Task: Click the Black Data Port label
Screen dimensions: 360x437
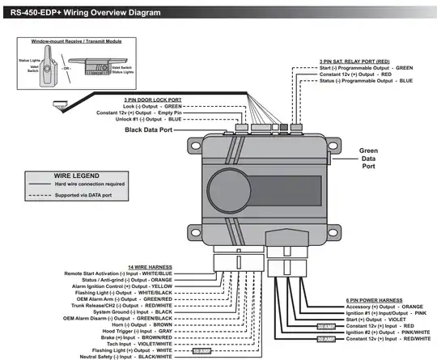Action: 165,129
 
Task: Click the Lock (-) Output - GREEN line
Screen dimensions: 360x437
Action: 152,106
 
